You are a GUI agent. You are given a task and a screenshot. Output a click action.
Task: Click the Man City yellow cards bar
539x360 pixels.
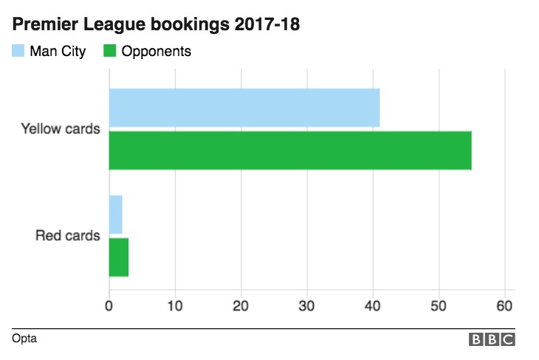click(244, 108)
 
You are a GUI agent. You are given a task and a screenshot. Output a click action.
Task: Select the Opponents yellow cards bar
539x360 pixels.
click(290, 150)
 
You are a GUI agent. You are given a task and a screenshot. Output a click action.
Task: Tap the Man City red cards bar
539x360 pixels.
click(116, 215)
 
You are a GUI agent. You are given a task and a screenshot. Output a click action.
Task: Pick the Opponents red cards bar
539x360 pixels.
click(119, 257)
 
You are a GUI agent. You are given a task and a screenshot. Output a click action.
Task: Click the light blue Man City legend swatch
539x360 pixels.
click(18, 52)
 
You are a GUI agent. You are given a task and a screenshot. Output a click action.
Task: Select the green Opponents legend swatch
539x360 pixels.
click(110, 52)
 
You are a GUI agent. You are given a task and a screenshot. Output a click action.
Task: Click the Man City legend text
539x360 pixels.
click(58, 52)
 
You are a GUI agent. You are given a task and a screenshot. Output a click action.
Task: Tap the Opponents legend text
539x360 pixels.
click(157, 52)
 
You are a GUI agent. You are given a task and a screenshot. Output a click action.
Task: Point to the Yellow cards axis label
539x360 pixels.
click(61, 129)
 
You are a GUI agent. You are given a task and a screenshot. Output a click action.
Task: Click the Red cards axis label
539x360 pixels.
click(68, 236)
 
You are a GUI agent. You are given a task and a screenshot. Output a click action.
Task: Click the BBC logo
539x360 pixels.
click(492, 339)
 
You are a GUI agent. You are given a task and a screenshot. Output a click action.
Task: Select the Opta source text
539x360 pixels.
click(24, 339)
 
